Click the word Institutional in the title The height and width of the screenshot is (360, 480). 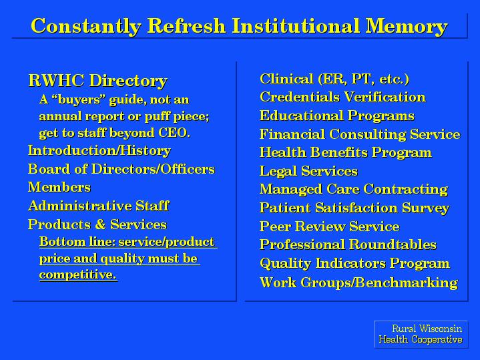click(x=295, y=26)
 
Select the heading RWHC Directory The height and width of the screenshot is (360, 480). click(x=97, y=81)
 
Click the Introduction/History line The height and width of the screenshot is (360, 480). click(x=99, y=150)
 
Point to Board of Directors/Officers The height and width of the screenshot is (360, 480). click(x=122, y=169)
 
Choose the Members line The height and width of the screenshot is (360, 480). click(x=59, y=187)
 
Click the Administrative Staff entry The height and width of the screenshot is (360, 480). click(x=98, y=206)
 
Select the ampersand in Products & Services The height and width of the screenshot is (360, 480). click(x=100, y=224)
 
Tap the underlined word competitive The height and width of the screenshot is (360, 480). click(x=78, y=275)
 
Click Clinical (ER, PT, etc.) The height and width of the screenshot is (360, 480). click(x=334, y=79)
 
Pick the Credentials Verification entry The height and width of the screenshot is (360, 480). click(x=342, y=97)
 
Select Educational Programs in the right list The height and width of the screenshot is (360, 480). click(x=336, y=116)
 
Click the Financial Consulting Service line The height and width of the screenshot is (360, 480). click(x=360, y=134)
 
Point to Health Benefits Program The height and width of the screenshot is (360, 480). click(x=346, y=152)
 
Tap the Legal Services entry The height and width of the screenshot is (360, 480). click(x=308, y=171)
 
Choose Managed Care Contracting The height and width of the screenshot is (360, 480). click(x=354, y=189)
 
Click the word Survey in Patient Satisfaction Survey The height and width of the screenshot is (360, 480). click(x=425, y=208)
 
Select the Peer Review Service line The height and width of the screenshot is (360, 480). click(x=329, y=226)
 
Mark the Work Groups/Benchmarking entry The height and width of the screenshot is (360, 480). click(x=358, y=283)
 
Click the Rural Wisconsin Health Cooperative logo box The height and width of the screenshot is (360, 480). click(x=421, y=334)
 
